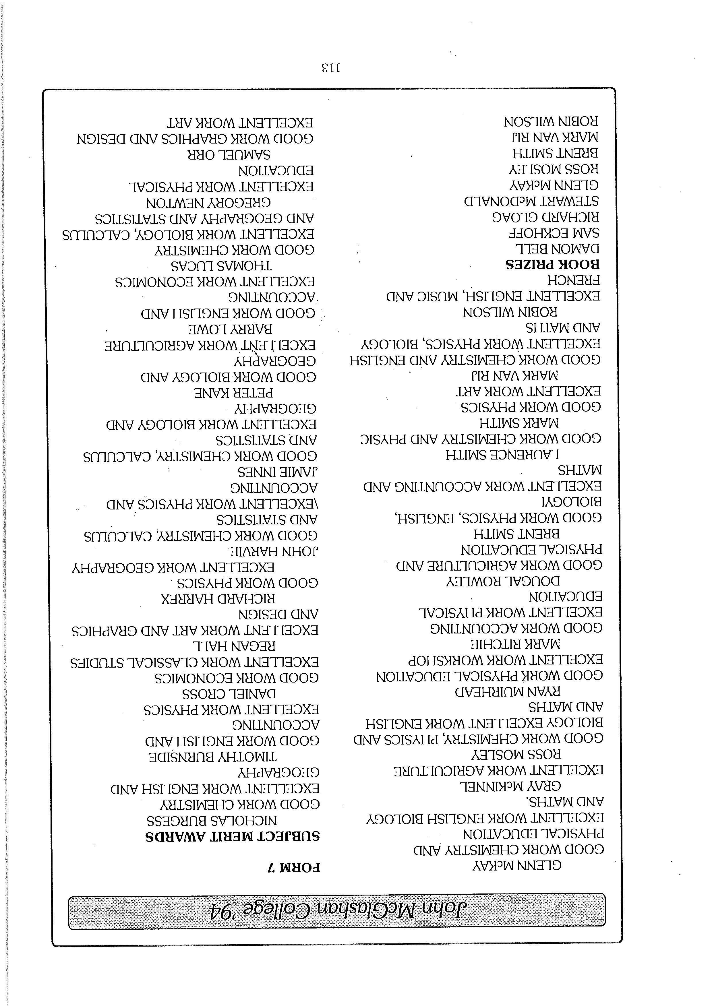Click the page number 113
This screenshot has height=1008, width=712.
coord(331,68)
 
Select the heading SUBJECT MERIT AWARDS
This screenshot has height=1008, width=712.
coord(232,837)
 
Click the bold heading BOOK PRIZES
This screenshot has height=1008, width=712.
coord(552,264)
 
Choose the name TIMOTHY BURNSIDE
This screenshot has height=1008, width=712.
coord(212,757)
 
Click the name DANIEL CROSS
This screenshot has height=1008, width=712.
coord(229,694)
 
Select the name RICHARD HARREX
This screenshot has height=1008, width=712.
coord(218,599)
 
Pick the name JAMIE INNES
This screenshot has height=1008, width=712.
coord(278,472)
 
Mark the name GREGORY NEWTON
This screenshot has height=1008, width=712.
coord(209,203)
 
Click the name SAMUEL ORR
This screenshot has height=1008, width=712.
coord(229,155)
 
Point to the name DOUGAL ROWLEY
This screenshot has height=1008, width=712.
coord(503,581)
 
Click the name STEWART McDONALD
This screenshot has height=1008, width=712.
coord(531,201)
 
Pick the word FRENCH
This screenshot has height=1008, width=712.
coord(573,280)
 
